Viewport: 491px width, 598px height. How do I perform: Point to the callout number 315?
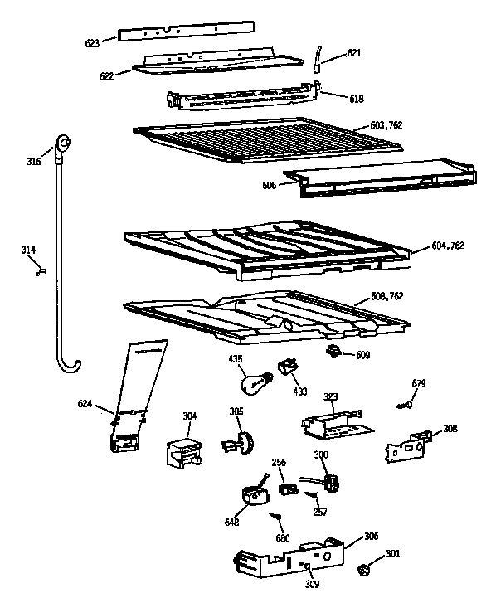click(33, 162)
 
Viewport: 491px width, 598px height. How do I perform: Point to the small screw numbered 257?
click(312, 497)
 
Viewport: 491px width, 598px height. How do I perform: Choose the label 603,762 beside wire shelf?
click(386, 124)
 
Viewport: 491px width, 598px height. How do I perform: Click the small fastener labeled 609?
click(336, 352)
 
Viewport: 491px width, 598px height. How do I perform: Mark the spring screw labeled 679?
click(405, 403)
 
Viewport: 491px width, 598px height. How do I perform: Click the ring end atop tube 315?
click(62, 147)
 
